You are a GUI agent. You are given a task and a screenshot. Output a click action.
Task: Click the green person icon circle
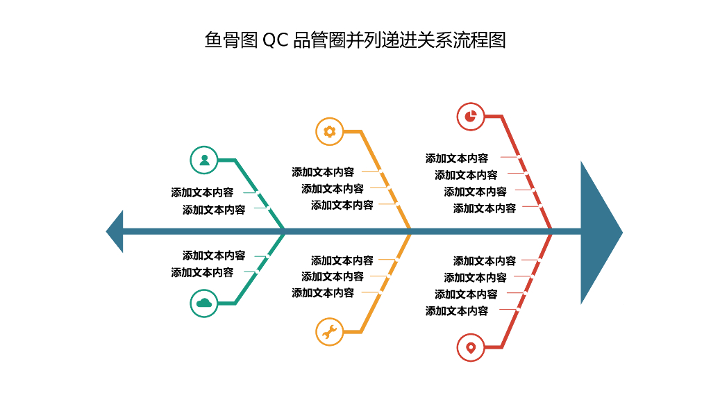pyautogui.click(x=204, y=160)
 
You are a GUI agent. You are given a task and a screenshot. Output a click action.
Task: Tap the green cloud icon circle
pyautogui.click(x=204, y=303)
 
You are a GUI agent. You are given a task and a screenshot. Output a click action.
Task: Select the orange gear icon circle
pyautogui.click(x=330, y=131)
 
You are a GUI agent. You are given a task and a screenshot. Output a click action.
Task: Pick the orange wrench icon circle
pyautogui.click(x=330, y=331)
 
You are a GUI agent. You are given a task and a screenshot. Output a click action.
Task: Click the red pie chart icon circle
pyautogui.click(x=471, y=117)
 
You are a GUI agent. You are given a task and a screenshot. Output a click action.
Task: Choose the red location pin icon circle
pyautogui.click(x=471, y=347)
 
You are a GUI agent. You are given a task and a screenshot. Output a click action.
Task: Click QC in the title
pyautogui.click(x=275, y=40)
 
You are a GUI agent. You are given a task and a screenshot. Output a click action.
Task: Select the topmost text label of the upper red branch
pyautogui.click(x=457, y=158)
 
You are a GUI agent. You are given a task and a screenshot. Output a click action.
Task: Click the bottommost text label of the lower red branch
pyautogui.click(x=457, y=311)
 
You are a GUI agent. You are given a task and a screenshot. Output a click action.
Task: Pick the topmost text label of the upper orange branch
pyautogui.click(x=323, y=172)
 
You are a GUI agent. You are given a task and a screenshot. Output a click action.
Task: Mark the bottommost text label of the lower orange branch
pyautogui.click(x=323, y=293)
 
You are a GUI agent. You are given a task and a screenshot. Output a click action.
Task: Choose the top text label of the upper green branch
pyautogui.click(x=203, y=192)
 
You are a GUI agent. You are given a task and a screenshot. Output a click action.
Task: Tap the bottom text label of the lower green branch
pyautogui.click(x=203, y=272)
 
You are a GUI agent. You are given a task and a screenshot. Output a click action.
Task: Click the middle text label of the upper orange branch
pyautogui.click(x=333, y=188)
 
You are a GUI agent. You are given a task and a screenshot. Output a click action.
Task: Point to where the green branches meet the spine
pyautogui.click(x=285, y=231)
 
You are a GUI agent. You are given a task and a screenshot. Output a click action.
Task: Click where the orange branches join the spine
pyautogui.click(x=410, y=231)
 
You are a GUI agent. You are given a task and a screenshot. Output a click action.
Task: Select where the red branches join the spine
pyautogui.click(x=551, y=231)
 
